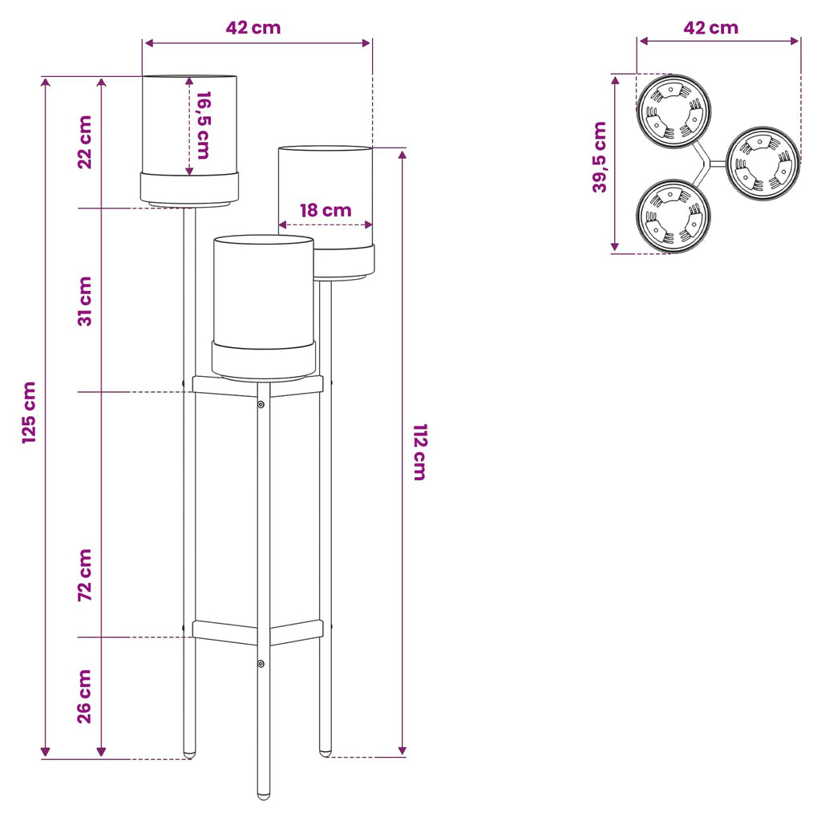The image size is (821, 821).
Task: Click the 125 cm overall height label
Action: pyautogui.click(x=30, y=413)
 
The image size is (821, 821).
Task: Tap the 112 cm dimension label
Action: pyautogui.click(x=420, y=452)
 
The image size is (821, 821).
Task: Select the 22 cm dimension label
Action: pyautogui.click(x=85, y=142)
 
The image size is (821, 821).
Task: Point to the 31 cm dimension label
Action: pyautogui.click(x=85, y=301)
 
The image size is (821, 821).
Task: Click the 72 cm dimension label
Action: pyautogui.click(x=85, y=575)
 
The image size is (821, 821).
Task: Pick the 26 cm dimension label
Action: pyautogui.click(x=85, y=697)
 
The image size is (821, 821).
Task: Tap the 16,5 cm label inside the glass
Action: pyautogui.click(x=203, y=125)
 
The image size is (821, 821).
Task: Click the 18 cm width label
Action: pyautogui.click(x=326, y=211)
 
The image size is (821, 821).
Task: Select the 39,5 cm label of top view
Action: pyautogui.click(x=600, y=157)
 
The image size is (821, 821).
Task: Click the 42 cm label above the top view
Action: pyautogui.click(x=710, y=28)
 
